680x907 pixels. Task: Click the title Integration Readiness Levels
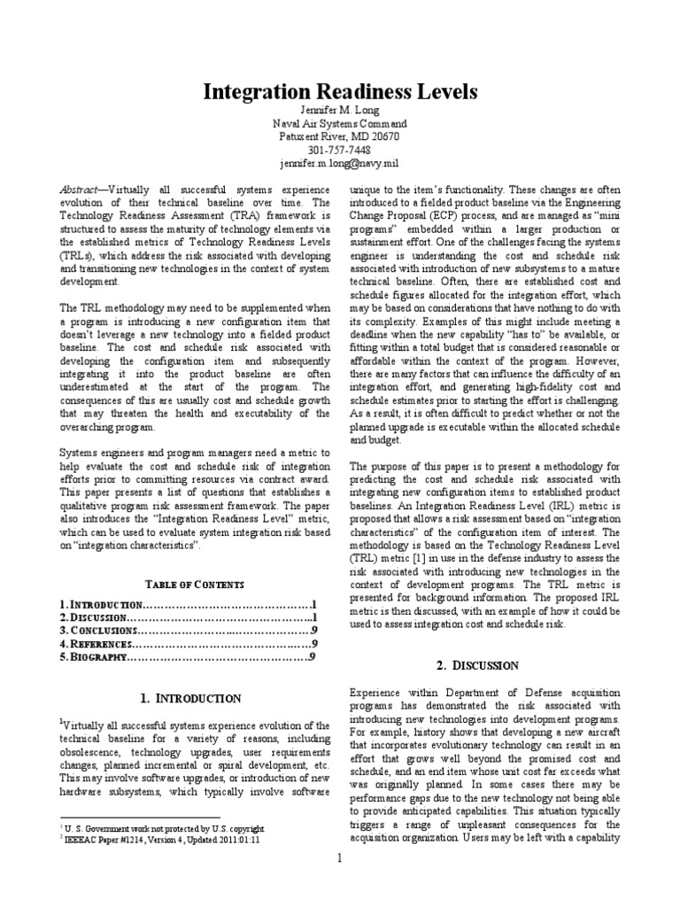tap(340, 92)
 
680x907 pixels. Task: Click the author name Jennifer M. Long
tap(340, 111)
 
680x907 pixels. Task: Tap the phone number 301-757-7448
tap(340, 151)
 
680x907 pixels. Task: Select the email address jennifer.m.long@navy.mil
tap(340, 164)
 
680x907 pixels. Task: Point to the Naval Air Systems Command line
tap(340, 124)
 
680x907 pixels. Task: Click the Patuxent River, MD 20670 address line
tap(340, 137)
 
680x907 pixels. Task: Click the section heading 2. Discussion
tap(479, 665)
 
